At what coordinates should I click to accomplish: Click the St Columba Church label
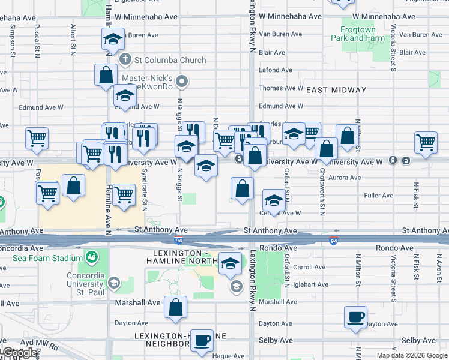(170, 60)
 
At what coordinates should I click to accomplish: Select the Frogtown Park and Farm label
(358, 34)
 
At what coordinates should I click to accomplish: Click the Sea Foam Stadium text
(47, 258)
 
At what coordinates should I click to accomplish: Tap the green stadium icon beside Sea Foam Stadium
(92, 259)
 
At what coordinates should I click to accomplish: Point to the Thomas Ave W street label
(281, 88)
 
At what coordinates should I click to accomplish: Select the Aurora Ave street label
(345, 178)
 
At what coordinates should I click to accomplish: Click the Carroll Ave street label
(309, 267)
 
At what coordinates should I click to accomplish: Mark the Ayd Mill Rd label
(39, 346)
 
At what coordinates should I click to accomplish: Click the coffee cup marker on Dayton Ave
(355, 317)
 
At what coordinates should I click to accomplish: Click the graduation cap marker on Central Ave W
(274, 201)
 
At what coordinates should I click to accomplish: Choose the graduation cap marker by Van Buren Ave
(113, 40)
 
